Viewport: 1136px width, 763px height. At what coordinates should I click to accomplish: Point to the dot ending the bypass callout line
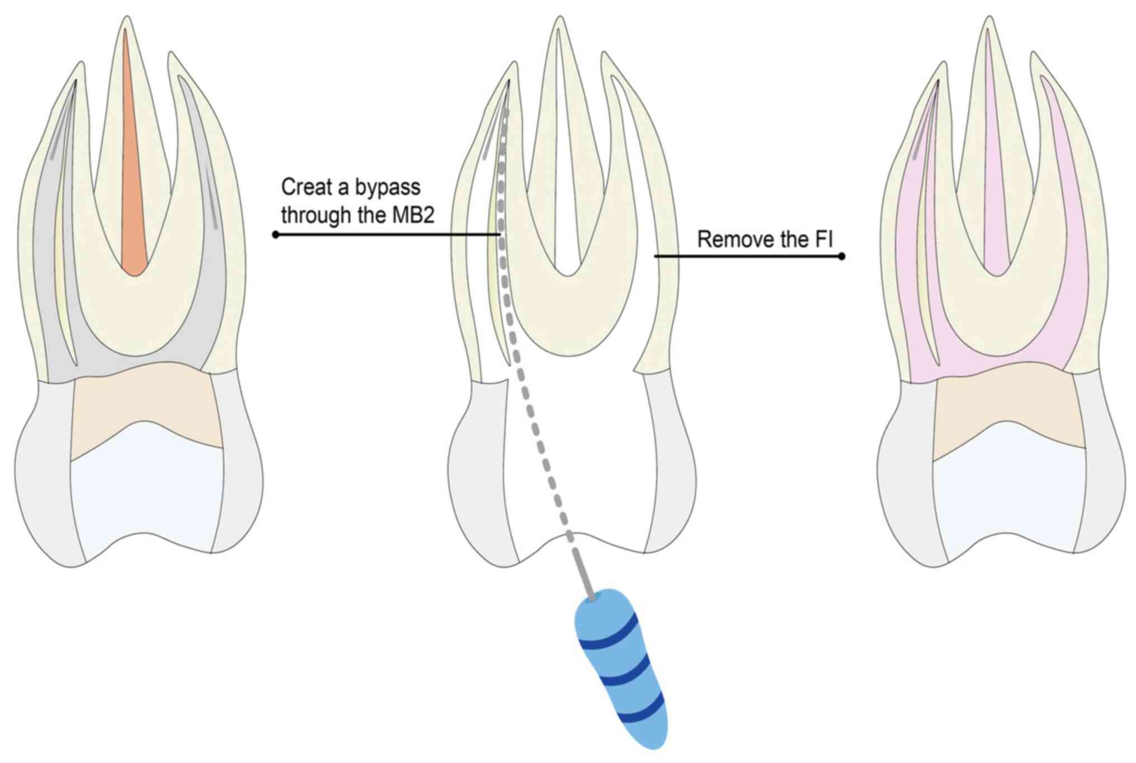click(x=275, y=235)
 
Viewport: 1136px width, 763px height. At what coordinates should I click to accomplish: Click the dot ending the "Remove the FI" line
click(x=842, y=257)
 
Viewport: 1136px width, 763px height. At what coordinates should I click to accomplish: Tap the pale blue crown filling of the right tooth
click(x=1010, y=492)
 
